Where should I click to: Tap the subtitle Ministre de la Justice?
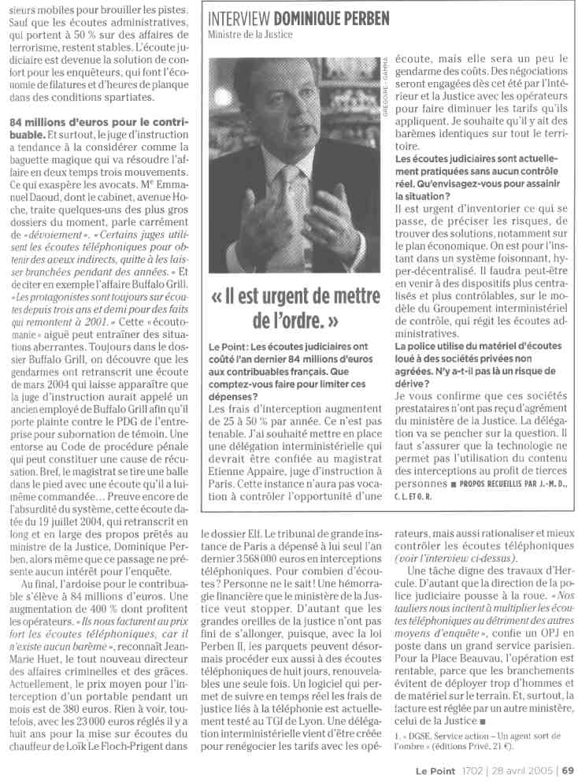click(250, 35)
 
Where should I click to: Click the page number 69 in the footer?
click(568, 771)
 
